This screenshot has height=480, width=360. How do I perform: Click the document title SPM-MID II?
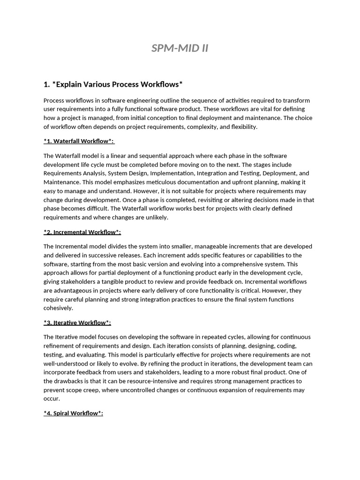pos(180,48)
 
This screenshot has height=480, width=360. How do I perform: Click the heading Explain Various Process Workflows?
pos(112,84)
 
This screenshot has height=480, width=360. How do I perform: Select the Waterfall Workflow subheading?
pos(79,141)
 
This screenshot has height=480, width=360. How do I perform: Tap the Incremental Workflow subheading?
pos(82,232)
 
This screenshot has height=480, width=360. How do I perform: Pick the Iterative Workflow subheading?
pos(77,322)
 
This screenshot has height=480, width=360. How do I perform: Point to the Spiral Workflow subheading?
pos(73,413)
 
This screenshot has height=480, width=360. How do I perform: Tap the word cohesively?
pos(58,308)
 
